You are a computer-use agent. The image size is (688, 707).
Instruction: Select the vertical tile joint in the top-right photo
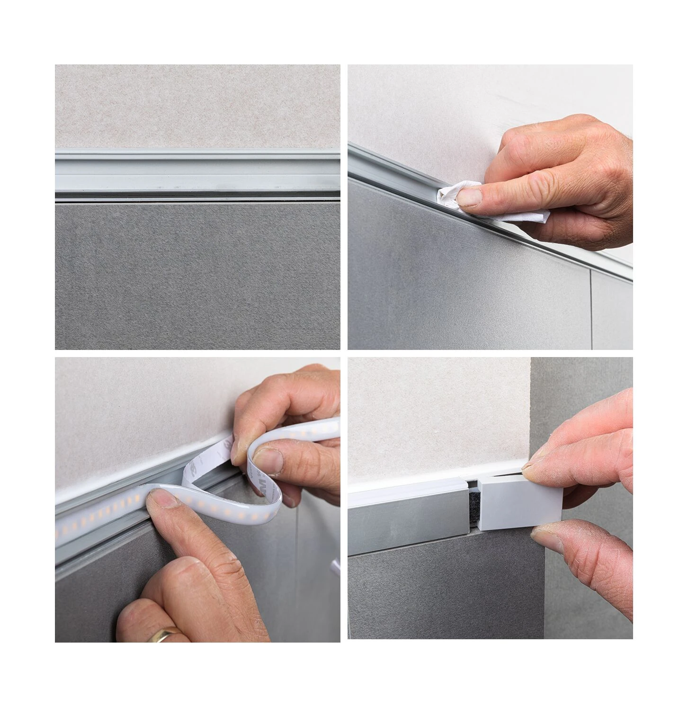[x=592, y=303]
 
